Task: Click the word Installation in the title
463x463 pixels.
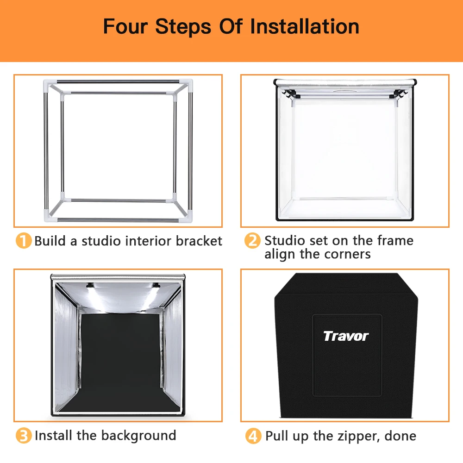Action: coord(305,26)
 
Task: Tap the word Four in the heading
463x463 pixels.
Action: coord(125,26)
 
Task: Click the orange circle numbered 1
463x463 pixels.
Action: coord(24,240)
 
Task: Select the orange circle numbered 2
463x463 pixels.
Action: coord(252,240)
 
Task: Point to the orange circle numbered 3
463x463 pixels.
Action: coord(24,436)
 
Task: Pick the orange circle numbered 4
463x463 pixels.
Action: coord(253,436)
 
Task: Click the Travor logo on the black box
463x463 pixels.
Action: coord(346,336)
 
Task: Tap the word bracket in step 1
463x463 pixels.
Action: coord(199,241)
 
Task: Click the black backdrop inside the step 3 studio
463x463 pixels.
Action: coord(120,360)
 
